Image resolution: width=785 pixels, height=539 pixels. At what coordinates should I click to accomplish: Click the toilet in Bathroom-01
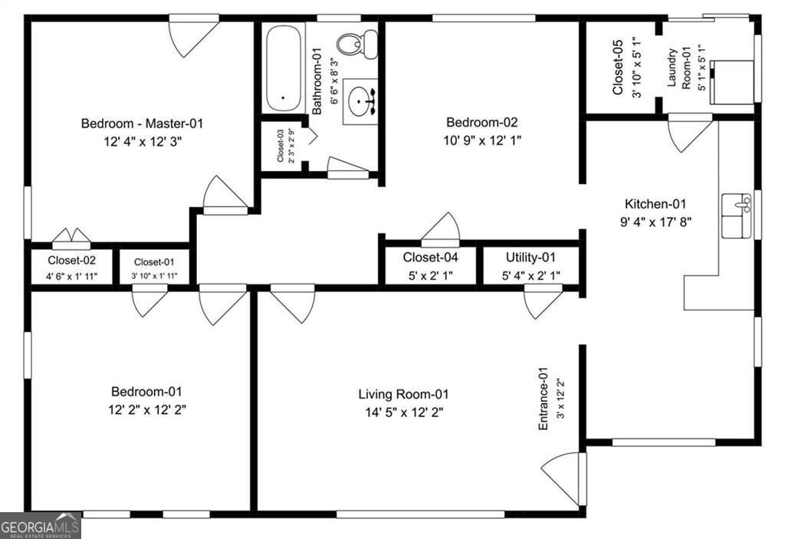pos(357,44)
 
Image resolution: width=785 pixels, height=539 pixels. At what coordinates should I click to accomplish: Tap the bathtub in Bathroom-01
pos(283,69)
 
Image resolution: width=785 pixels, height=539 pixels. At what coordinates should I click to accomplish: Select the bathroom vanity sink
pos(360,101)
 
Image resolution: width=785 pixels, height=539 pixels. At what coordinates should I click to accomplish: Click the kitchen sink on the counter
pos(737,216)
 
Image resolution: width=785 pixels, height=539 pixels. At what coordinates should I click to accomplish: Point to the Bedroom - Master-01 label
pos(142,123)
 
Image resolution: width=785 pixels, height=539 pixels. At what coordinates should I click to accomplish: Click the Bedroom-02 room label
pos(481,122)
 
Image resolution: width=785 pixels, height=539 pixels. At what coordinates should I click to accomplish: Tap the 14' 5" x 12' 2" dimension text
pos(403,412)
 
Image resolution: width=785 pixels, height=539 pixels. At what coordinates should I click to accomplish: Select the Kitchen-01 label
pos(655,204)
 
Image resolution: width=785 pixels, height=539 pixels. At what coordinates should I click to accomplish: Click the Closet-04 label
pos(431,258)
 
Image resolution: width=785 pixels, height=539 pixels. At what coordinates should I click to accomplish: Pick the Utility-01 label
pos(530,258)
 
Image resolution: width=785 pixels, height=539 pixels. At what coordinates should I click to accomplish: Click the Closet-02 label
pos(71,261)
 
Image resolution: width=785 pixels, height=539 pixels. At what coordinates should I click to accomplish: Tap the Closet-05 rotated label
pos(618,67)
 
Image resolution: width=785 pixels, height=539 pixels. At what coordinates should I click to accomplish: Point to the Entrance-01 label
pos(544,398)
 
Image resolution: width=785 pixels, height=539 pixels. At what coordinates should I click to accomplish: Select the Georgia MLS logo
pos(40,525)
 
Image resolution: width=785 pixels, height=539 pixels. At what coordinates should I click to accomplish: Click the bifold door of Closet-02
pos(71,238)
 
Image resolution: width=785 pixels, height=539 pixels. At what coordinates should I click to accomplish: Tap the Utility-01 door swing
pos(543,301)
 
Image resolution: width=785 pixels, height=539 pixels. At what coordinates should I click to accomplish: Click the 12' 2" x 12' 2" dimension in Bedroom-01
pos(147,409)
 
